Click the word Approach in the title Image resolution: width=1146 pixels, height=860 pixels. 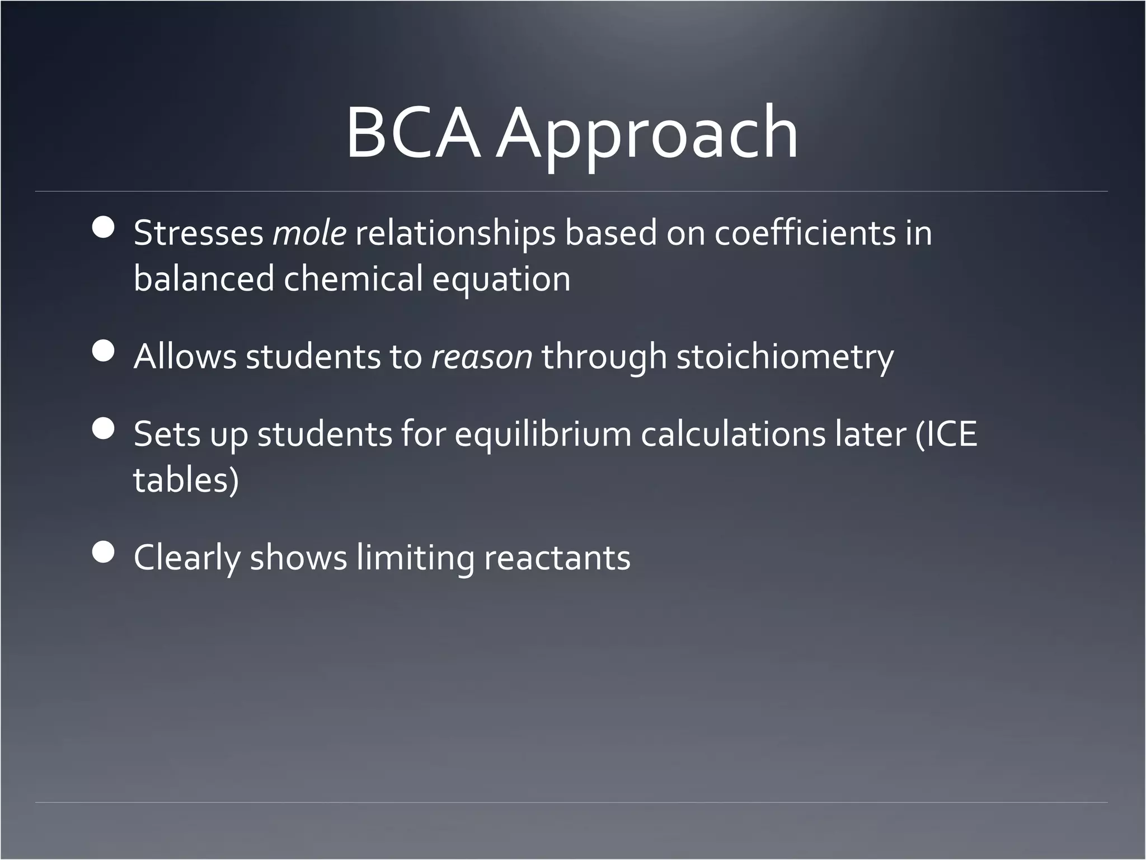pyautogui.click(x=648, y=137)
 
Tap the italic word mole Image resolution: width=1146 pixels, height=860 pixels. pyautogui.click(x=309, y=233)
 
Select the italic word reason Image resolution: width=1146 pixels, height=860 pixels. pyautogui.click(x=481, y=357)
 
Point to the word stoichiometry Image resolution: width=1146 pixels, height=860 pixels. pyautogui.click(x=785, y=358)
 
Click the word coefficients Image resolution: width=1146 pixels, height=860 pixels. pyautogui.click(x=805, y=233)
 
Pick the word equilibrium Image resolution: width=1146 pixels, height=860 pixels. pyautogui.click(x=542, y=435)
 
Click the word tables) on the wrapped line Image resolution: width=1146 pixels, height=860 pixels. pyautogui.click(x=186, y=480)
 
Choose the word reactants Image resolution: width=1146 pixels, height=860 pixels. pyautogui.click(x=557, y=559)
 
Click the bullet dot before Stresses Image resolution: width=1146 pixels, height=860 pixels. pyautogui.click(x=103, y=228)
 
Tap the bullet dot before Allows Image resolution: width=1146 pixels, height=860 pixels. pyautogui.click(x=103, y=352)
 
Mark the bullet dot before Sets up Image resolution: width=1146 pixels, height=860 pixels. pyautogui.click(x=103, y=429)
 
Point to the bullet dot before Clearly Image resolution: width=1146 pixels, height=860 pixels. pyautogui.click(x=103, y=553)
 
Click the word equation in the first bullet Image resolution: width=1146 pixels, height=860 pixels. pyautogui.click(x=501, y=280)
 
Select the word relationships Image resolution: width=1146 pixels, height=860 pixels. pyautogui.click(x=455, y=233)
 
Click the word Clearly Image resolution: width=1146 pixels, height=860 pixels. pyautogui.click(x=186, y=559)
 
